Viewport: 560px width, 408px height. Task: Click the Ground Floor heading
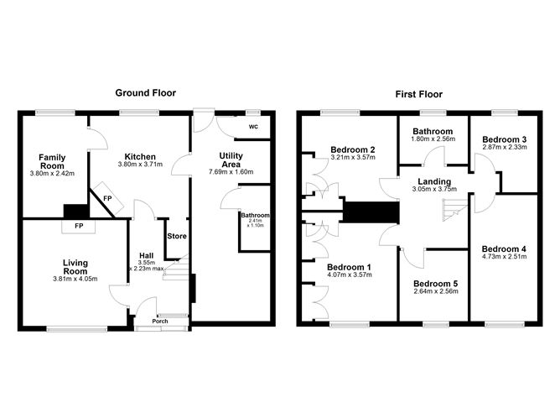[145, 93]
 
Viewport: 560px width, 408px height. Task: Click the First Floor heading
[419, 94]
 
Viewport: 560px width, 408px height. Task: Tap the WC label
[253, 127]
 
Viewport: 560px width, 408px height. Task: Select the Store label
[177, 236]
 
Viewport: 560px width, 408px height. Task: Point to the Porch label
[160, 321]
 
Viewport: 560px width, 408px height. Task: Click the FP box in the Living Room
[79, 226]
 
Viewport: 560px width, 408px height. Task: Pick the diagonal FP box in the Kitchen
[107, 198]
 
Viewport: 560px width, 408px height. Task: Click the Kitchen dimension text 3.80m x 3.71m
[140, 165]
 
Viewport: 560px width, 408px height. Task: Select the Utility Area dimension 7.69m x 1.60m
[231, 171]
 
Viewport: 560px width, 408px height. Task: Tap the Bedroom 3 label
[505, 139]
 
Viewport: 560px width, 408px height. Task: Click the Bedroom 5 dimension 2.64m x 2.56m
[436, 291]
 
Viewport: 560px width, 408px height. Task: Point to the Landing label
[434, 181]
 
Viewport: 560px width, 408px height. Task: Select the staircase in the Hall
[176, 268]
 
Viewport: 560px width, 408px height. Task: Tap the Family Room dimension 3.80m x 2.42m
[53, 174]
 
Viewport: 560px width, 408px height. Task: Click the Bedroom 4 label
[504, 248]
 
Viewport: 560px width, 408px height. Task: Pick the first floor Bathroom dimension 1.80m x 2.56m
[433, 139]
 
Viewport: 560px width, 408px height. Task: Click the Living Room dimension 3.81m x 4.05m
[75, 279]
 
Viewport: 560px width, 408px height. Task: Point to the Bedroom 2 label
[353, 149]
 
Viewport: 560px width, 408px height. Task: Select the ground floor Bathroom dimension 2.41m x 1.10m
[256, 223]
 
